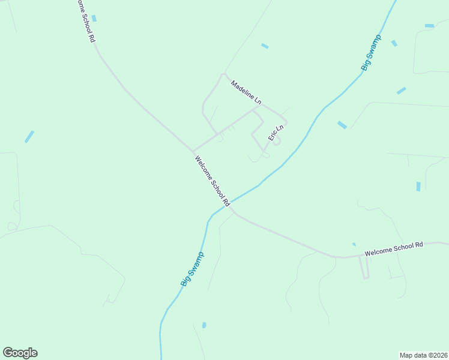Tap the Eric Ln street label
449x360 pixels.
tap(276, 133)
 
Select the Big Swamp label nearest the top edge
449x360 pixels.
tap(371, 53)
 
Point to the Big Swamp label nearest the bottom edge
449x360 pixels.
tap(192, 269)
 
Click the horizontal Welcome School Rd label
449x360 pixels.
tap(394, 249)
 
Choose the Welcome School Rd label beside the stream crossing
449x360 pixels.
tap(212, 181)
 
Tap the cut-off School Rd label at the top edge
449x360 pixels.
tap(86, 20)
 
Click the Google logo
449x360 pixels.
tap(20, 353)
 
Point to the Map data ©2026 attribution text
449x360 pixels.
tap(424, 355)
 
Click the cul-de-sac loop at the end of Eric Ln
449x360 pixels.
tap(276, 142)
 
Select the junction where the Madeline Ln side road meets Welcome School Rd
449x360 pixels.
tap(193, 151)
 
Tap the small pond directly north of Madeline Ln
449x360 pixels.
tap(265, 46)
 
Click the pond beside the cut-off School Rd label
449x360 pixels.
tap(94, 19)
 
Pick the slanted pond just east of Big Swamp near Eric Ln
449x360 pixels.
tap(342, 125)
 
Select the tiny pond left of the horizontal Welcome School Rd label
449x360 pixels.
tap(354, 244)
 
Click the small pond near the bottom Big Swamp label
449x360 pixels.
tap(204, 325)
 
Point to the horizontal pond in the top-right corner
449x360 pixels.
tap(429, 26)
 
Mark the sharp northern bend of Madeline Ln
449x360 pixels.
tap(224, 75)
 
